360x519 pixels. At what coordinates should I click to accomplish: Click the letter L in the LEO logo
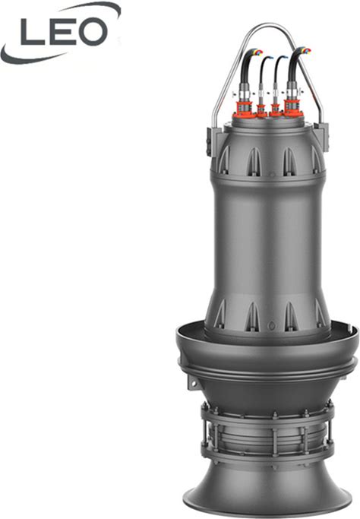(31, 31)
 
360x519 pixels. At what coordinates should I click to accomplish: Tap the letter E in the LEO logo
(62, 31)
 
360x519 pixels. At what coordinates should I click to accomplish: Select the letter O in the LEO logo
(93, 32)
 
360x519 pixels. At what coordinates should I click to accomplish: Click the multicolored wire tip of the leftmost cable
(257, 52)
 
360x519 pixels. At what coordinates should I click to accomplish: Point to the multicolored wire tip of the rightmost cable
(306, 51)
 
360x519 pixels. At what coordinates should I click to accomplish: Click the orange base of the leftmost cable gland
(245, 110)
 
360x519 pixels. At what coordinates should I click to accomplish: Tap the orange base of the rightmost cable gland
(293, 109)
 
